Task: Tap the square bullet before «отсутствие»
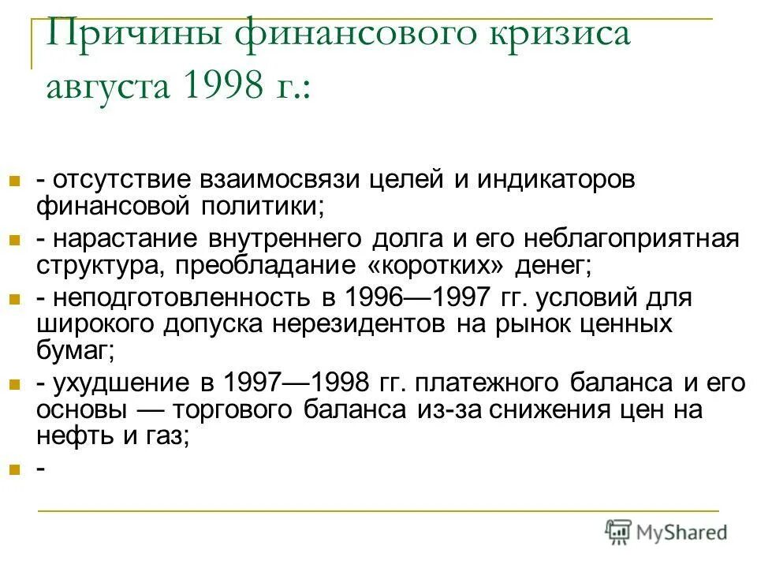pos(13,181)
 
